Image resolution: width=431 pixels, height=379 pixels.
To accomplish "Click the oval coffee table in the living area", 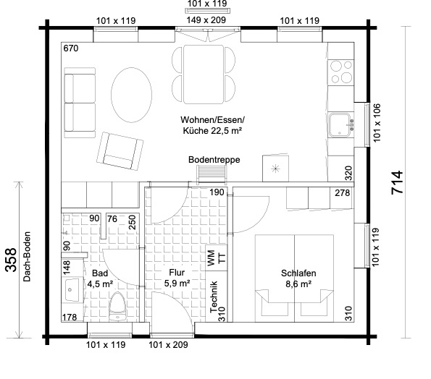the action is [x=131, y=95].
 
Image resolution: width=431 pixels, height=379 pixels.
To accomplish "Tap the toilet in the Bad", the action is [x=117, y=307].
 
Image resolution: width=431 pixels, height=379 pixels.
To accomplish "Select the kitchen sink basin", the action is [x=340, y=124].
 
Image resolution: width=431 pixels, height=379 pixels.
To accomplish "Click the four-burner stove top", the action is [x=341, y=72].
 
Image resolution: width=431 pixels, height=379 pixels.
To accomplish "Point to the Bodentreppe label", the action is [x=214, y=159].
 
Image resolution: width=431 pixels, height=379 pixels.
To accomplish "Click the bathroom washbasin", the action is [x=72, y=289].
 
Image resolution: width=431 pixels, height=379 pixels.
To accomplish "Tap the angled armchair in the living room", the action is [x=120, y=151].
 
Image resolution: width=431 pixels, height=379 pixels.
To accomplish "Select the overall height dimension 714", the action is [x=397, y=182].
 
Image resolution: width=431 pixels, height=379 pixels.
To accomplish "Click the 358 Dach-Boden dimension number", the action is [x=12, y=260].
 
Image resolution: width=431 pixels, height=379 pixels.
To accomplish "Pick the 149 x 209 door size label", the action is [x=206, y=20].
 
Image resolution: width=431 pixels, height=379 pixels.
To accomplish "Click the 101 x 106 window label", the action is [x=377, y=123].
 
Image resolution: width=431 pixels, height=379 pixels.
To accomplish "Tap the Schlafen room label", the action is [x=298, y=273].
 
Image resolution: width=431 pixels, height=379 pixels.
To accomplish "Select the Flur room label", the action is [x=177, y=273].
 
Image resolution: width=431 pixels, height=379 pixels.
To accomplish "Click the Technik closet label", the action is [x=214, y=297].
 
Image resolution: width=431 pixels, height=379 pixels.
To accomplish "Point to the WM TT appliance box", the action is [x=217, y=258].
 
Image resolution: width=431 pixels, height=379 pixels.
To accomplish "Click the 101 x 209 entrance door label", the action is [x=168, y=345].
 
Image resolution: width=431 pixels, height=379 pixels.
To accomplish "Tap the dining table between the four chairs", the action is [x=204, y=74].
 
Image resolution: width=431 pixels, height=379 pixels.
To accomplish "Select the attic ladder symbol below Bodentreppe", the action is [x=212, y=174].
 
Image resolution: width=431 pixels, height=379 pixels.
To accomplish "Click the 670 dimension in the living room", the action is [x=71, y=48].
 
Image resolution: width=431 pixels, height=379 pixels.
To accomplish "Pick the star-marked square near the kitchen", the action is [x=275, y=169].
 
